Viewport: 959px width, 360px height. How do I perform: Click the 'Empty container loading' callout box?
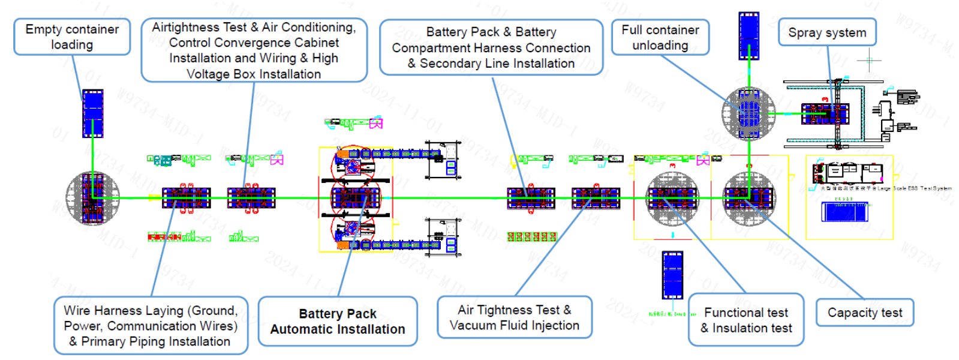pos(72,37)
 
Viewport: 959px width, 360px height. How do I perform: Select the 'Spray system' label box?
pos(826,32)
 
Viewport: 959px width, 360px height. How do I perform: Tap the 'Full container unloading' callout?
pos(660,37)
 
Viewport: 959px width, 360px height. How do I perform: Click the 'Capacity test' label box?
pos(864,313)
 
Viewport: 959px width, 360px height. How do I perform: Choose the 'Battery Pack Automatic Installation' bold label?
pos(337,321)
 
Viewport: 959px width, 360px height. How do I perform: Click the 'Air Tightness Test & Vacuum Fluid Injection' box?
pos(514,317)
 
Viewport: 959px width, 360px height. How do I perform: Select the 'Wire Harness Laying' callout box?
pos(151,325)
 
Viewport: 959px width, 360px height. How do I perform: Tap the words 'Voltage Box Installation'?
pos(253,74)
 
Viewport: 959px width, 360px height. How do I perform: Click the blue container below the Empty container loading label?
pos(92,113)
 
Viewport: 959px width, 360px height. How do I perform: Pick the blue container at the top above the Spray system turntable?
pos(748,35)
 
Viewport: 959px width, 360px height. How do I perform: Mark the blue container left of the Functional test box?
pos(672,275)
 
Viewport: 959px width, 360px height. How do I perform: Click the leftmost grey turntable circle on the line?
pos(92,197)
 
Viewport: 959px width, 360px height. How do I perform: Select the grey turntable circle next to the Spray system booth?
pos(748,113)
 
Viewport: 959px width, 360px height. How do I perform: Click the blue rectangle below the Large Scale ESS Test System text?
pos(846,212)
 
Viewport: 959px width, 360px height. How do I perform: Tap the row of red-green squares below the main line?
pos(531,236)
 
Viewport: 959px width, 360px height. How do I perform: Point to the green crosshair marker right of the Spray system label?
pos(869,60)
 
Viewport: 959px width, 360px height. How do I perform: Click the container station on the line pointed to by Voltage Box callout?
pos(251,197)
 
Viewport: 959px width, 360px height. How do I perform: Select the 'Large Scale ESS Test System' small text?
pos(914,188)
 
